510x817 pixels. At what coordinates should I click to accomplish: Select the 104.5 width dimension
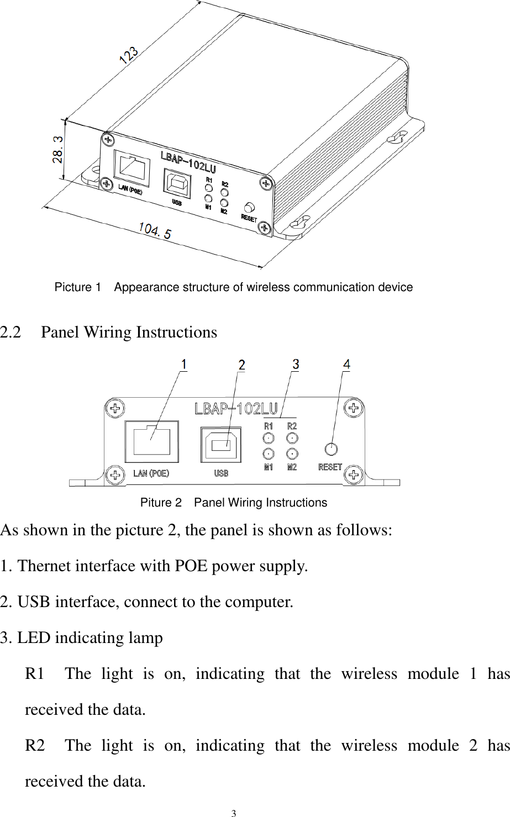point(154,230)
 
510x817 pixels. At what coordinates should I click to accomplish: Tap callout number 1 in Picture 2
point(184,365)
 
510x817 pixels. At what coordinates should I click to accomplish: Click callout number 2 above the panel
point(242,365)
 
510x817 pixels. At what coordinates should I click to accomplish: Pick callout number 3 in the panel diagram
point(296,364)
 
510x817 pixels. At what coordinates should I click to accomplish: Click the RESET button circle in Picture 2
point(331,449)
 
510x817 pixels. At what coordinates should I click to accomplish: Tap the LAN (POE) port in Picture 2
point(152,441)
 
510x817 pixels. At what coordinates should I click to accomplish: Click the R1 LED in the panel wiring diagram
point(268,439)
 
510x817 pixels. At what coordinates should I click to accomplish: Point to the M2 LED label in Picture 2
point(292,467)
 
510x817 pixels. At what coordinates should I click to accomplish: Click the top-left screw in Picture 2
point(115,409)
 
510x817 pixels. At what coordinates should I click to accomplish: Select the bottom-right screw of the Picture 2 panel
point(353,474)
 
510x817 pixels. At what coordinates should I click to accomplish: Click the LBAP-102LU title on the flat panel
point(235,409)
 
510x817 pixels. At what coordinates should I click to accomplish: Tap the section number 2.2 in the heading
point(12,333)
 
